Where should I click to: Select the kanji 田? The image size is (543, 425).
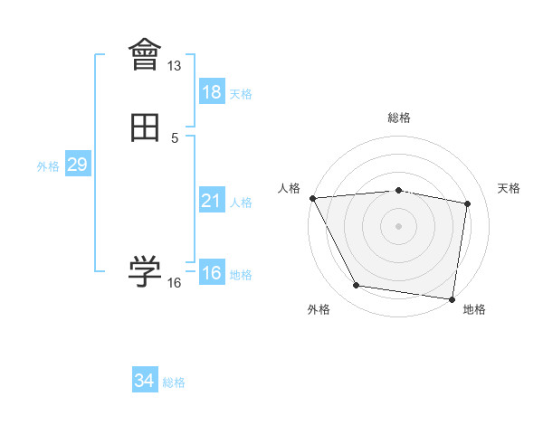[145, 128]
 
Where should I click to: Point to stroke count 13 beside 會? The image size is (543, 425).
[175, 66]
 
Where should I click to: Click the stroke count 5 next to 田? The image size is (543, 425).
[175, 138]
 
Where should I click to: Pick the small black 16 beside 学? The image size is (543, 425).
[175, 283]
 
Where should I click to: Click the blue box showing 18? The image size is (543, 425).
[212, 92]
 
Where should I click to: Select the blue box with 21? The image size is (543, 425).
[212, 201]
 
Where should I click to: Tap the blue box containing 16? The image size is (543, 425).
[212, 273]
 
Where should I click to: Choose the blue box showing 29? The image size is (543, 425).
[77, 165]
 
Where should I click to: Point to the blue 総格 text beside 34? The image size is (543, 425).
[174, 382]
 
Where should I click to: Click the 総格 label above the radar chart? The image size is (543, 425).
[398, 118]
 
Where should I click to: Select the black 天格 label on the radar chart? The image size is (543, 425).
[509, 188]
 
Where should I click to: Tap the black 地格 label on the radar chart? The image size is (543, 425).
[474, 309]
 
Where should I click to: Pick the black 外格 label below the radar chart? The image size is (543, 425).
[319, 309]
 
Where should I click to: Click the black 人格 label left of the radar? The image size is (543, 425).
[289, 188]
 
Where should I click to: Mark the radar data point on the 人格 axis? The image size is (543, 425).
[312, 198]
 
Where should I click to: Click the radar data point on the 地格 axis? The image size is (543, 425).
[452, 298]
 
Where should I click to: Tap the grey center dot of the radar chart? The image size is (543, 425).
[398, 226]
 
